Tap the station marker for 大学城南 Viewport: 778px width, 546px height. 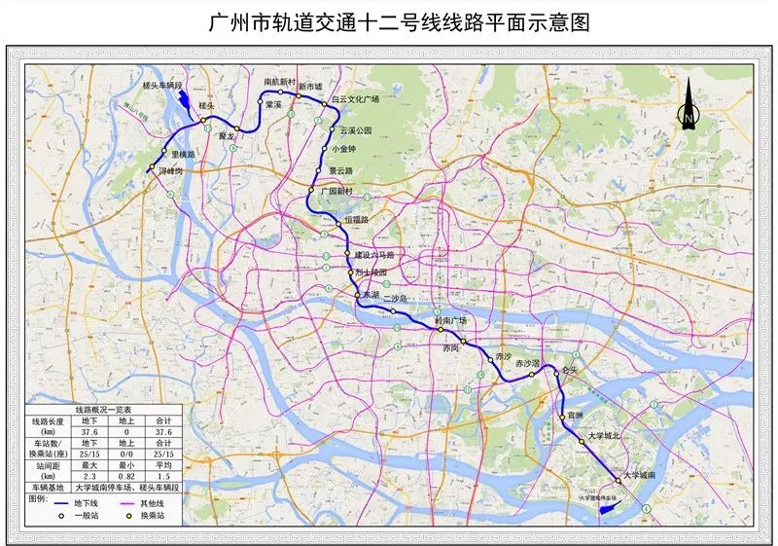618,480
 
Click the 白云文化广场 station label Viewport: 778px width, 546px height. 354,99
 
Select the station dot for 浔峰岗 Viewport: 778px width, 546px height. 152,170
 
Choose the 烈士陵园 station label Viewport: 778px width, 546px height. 371,273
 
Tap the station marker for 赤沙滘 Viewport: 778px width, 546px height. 531,374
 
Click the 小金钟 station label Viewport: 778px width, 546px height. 344,149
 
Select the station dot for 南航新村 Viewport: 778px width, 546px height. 281,91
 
